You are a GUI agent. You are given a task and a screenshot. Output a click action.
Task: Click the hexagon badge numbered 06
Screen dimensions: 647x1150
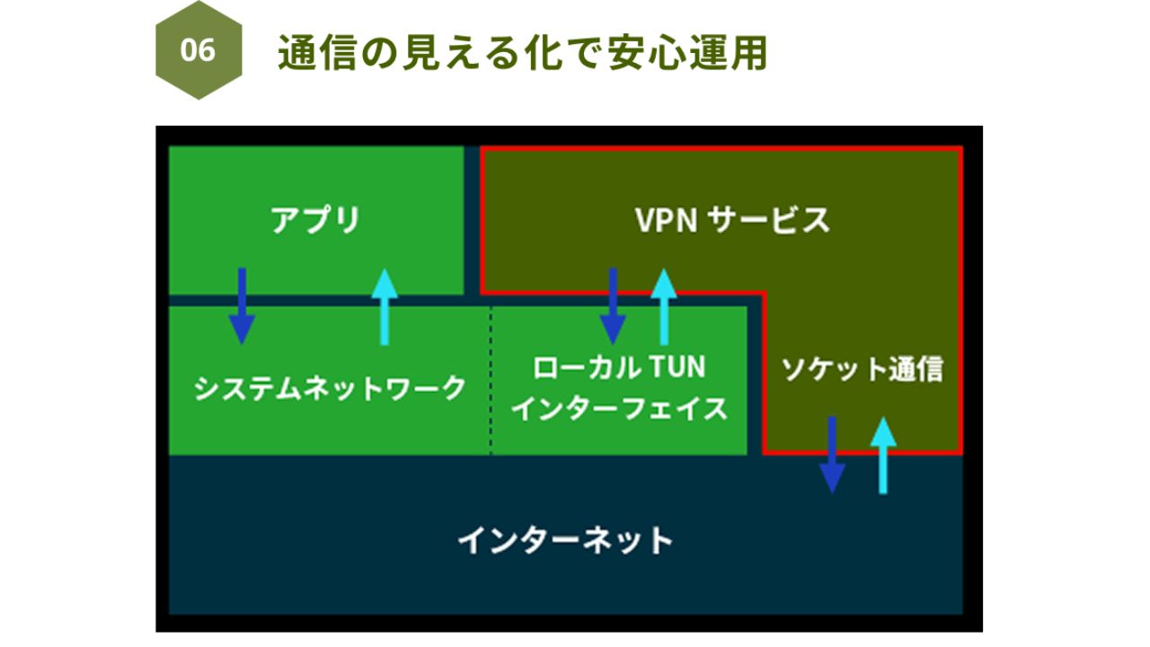click(x=199, y=50)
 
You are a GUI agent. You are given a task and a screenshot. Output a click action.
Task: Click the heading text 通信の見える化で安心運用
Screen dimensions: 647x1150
click(x=522, y=53)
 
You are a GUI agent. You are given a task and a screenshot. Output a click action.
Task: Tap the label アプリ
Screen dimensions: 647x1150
click(x=315, y=219)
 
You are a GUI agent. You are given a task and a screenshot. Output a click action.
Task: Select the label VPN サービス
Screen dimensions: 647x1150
click(x=732, y=219)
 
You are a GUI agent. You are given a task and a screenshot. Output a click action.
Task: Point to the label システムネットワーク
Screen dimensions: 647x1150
click(x=330, y=388)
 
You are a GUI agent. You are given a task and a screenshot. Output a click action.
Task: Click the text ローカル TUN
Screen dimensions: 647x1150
click(x=619, y=367)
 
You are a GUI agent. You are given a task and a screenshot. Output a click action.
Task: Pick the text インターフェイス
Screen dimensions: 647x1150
click(x=619, y=409)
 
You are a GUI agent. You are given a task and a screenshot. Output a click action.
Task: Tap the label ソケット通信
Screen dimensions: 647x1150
click(x=862, y=368)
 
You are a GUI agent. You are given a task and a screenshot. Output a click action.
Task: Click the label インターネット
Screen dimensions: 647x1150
click(x=565, y=541)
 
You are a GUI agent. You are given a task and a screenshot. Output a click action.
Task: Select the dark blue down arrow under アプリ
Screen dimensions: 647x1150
click(x=241, y=306)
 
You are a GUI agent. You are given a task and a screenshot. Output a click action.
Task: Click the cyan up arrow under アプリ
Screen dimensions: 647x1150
click(x=385, y=306)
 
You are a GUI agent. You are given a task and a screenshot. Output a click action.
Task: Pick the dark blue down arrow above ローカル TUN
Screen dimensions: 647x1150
click(x=613, y=306)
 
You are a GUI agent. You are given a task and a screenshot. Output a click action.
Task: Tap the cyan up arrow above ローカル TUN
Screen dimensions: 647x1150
click(x=664, y=306)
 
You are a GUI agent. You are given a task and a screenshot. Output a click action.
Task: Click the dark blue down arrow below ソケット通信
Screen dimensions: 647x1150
click(x=833, y=454)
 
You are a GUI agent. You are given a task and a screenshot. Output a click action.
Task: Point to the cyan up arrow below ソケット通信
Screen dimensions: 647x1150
click(x=884, y=455)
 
